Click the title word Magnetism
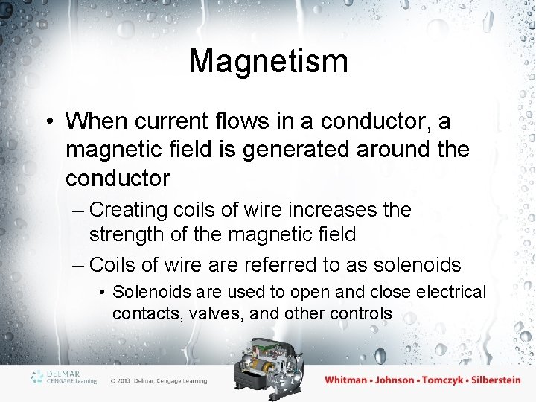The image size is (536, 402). tap(268, 61)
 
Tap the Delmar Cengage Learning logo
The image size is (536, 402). tap(64, 377)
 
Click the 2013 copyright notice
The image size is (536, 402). tap(158, 381)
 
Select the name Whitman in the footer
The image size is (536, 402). tap(346, 380)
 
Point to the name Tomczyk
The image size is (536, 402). tap(444, 380)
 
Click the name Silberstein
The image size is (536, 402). tap(494, 380)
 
